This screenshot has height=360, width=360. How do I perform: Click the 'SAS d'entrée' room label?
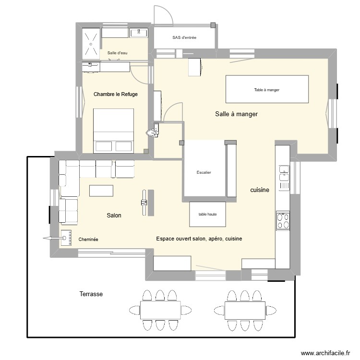pos(184,37)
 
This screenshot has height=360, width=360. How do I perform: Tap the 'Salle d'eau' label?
pos(117,53)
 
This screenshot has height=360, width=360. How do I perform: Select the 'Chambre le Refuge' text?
pos(116,95)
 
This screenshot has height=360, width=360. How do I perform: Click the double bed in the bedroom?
pos(113,130)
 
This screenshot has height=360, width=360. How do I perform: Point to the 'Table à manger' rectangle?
pos(267,89)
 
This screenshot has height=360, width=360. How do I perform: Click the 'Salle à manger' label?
pos(237,114)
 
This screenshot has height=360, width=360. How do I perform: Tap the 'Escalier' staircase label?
pos(204,172)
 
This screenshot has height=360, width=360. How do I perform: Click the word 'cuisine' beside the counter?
pos(260,190)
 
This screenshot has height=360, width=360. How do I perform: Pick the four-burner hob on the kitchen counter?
pos(283,221)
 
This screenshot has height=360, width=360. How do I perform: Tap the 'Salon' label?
pos(114,216)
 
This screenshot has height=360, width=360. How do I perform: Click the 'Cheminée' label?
pos(88,239)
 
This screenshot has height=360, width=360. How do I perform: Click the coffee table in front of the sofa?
pos(102,191)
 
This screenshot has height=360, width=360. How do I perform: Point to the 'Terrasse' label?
pos(91,294)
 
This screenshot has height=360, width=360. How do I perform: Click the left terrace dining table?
pos(160,310)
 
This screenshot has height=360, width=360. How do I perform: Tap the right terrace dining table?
pos(245,310)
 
